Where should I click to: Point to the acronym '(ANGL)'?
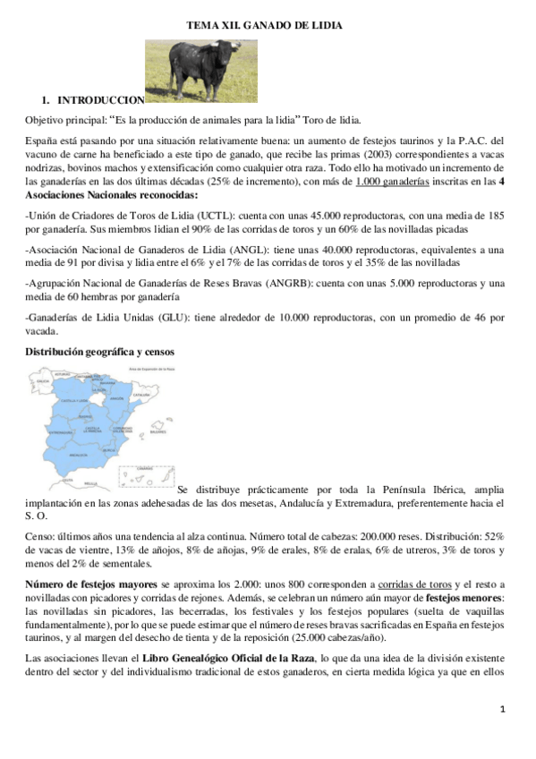(224, 250)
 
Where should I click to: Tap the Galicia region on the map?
(42, 380)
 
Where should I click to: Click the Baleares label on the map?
(157, 430)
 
